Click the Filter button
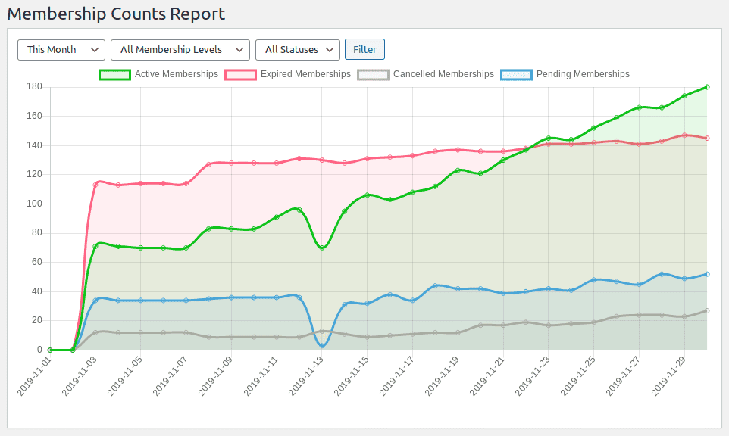[x=364, y=49]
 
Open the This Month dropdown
[x=61, y=49]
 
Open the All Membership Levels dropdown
[x=180, y=49]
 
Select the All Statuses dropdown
[x=297, y=49]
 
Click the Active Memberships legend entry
[x=158, y=74]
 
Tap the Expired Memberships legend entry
[x=287, y=74]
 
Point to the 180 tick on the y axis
[x=33, y=86]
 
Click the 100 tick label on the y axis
[x=33, y=204]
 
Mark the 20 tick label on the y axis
[x=36, y=320]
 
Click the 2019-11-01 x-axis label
[x=33, y=375]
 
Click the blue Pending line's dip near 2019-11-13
[x=322, y=345]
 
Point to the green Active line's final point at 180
[x=707, y=87]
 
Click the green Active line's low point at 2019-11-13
[x=322, y=248]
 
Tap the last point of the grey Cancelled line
[x=707, y=310]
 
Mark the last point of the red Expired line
[x=707, y=138]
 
